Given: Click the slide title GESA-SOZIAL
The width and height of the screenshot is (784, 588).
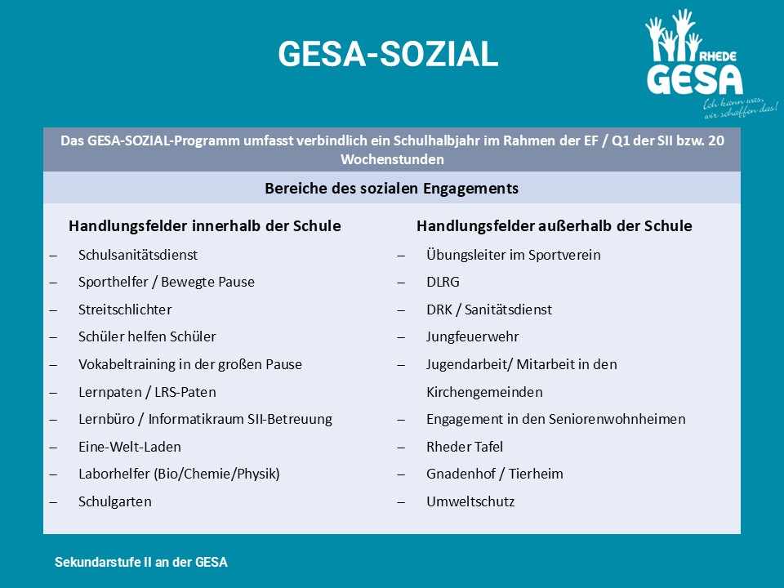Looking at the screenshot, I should point(388,55).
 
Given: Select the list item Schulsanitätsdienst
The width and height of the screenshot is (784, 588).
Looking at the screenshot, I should point(138,255).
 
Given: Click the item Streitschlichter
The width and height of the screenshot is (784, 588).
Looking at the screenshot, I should point(125,310).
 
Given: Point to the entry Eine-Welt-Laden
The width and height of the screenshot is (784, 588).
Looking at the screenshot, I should point(130,447).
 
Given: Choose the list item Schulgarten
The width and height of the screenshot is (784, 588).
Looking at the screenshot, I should point(115,501).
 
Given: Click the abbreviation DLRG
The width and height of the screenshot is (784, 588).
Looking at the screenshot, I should point(443,282).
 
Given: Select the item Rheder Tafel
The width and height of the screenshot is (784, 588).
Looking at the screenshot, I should point(465,447).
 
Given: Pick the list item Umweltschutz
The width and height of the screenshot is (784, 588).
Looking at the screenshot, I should point(470,501).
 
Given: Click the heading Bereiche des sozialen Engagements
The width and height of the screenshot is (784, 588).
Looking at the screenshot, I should point(391,189).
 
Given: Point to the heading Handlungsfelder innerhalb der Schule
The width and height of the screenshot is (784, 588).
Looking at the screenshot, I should point(205,225).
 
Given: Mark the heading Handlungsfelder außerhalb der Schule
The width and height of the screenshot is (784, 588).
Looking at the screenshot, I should point(554,225).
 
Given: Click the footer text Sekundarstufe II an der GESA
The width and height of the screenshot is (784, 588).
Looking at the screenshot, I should point(141,563).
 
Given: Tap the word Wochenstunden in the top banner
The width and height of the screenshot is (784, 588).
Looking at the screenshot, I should point(392,159).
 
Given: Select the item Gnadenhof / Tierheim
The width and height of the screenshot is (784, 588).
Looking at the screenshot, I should point(495,474).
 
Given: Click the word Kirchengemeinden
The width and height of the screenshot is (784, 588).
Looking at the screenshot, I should point(484,392).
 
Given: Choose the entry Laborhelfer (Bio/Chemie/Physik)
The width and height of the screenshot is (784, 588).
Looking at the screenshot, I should point(179,474).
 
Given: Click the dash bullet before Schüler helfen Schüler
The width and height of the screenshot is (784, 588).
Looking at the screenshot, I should point(53,337).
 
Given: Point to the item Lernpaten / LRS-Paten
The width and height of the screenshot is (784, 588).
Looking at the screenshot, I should point(147,392).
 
